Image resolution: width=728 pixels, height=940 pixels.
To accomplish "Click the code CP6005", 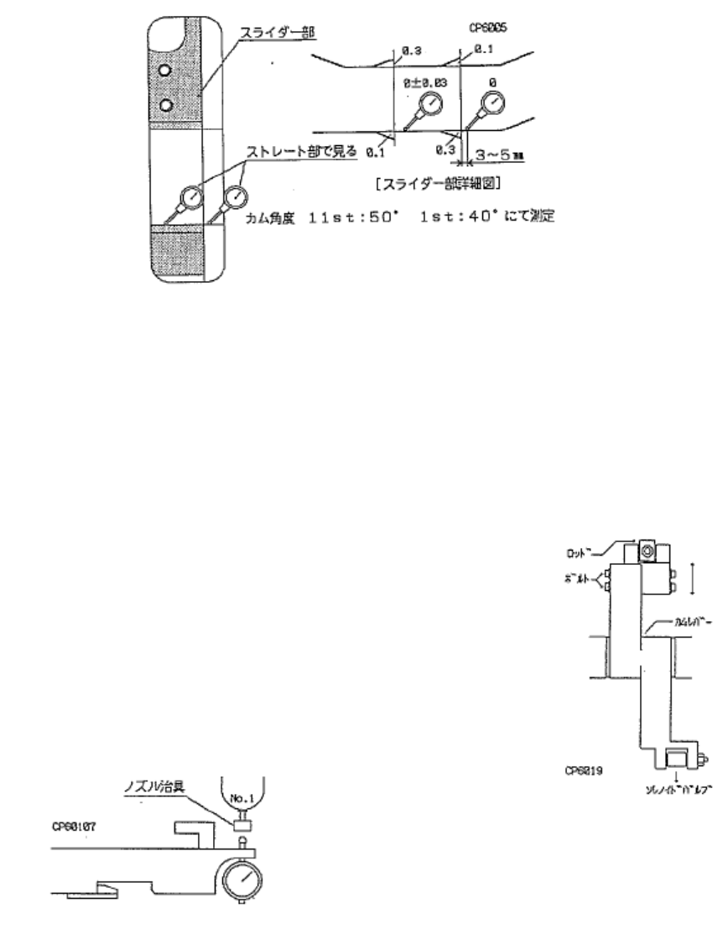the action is tap(488, 28).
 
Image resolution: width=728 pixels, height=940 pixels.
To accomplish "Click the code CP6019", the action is tap(585, 767).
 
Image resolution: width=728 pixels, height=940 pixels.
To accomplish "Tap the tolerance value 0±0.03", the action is tap(425, 84).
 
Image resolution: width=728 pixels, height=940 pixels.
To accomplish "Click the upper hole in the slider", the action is tap(166, 70).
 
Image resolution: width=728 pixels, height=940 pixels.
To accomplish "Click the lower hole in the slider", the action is tap(166, 103).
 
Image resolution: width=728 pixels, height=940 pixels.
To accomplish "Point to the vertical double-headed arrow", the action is tap(693, 577).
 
